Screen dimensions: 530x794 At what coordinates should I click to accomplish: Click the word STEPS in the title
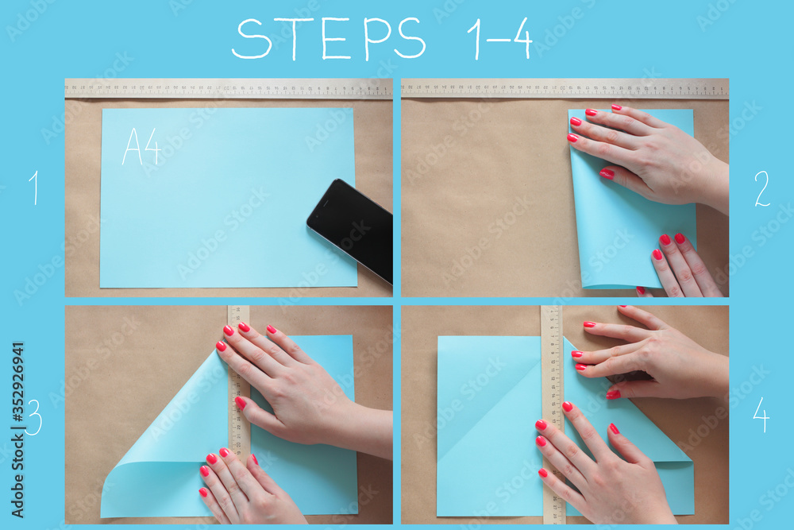pos(329,39)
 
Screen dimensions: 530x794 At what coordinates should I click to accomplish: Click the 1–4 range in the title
pos(499,39)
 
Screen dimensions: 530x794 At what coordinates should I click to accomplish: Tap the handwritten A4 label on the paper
pos(141,147)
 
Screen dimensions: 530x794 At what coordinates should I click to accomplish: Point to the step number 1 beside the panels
pos(34,188)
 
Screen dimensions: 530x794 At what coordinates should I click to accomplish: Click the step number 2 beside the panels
pos(761,189)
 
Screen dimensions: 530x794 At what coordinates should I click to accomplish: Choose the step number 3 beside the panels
pos(34,417)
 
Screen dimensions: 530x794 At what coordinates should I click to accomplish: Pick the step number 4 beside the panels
pos(761,415)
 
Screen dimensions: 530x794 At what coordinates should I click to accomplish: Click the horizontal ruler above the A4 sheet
pos(229,88)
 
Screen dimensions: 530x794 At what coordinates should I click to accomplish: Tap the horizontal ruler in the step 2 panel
pos(565,88)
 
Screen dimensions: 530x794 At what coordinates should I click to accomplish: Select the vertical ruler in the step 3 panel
pos(238,381)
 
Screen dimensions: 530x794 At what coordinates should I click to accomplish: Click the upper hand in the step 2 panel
pos(651,155)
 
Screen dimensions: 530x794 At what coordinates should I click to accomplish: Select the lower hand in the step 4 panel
pos(603,469)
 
